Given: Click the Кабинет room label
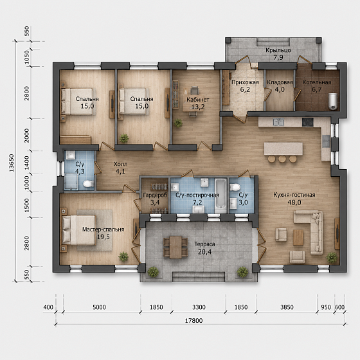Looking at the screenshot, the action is [198, 100].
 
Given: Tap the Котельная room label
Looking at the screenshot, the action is [316, 82].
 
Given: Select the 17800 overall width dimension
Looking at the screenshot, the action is [194, 321].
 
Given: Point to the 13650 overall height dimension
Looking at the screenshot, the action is [12, 163].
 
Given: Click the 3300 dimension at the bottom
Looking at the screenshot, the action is [199, 307].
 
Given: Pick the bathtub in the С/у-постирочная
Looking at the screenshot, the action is [221, 196].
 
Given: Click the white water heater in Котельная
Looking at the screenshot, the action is [333, 101].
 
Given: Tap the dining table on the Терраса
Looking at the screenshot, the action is [175, 247].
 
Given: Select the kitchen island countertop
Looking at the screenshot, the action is [283, 148].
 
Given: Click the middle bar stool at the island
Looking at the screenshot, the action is [282, 159].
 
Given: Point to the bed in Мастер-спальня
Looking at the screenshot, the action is [78, 230].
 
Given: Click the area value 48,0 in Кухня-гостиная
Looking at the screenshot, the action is [294, 203].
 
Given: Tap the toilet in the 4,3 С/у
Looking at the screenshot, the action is [87, 184].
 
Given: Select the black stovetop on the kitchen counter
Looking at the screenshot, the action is [308, 122].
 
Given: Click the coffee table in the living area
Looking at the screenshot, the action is [298, 237].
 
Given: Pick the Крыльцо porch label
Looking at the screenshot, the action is [278, 50].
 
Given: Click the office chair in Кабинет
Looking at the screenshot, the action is [195, 90].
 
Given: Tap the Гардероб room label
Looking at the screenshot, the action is [155, 195].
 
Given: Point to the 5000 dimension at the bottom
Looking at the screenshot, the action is [99, 307].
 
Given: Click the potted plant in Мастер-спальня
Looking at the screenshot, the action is [123, 256].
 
